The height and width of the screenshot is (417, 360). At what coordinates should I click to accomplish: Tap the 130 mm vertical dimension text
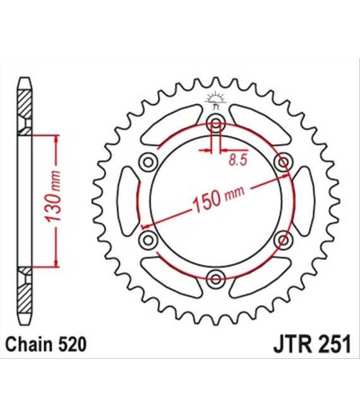point(53,197)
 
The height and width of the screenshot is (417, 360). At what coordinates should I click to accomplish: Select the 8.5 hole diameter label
point(238,160)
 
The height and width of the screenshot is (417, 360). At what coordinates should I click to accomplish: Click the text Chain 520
point(45,344)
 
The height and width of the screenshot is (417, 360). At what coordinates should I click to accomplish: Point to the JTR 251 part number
point(312,345)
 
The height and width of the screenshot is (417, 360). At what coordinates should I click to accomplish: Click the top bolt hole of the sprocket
point(216,123)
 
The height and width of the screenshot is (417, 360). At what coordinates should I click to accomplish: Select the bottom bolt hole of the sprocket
point(215,279)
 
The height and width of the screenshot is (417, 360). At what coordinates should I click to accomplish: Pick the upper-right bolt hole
point(284,162)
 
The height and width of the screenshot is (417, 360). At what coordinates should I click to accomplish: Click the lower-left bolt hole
point(148,240)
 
